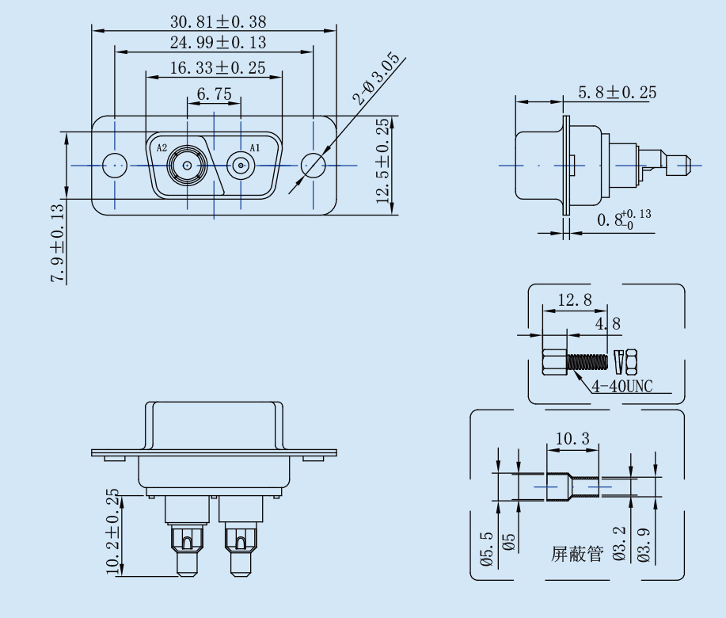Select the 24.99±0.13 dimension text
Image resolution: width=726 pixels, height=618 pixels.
(218, 43)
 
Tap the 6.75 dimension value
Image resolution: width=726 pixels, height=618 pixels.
(214, 94)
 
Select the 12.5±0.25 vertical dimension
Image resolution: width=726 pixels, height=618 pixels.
(383, 162)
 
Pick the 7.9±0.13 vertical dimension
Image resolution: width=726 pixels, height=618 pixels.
(58, 244)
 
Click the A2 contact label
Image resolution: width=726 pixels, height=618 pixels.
(162, 148)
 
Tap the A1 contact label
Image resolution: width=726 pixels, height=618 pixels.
(255, 148)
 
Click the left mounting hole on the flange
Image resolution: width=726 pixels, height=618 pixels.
(116, 166)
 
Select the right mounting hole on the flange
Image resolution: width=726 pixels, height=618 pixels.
(313, 166)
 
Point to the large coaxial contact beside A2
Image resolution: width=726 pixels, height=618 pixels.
(187, 166)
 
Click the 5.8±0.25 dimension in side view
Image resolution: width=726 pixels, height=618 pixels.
(617, 93)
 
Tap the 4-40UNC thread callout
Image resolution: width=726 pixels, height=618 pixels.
(621, 387)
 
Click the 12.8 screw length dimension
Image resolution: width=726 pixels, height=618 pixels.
(575, 300)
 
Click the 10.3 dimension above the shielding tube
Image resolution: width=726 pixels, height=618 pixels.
(572, 438)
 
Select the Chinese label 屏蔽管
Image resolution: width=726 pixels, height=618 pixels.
(576, 554)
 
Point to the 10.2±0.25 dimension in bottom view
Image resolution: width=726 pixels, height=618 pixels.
(112, 531)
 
